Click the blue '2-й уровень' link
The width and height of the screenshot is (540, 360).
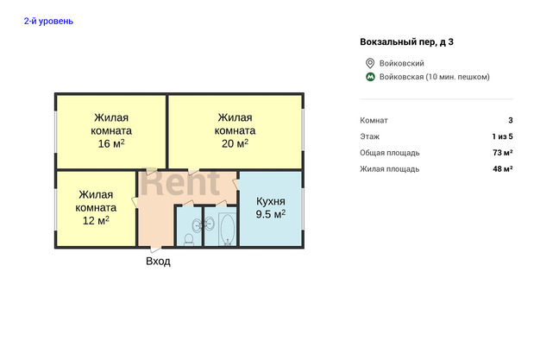click(x=48, y=22)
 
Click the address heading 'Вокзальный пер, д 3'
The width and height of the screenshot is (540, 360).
click(x=406, y=42)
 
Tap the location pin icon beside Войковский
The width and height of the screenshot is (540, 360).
click(x=370, y=63)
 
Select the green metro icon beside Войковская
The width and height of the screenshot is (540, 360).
click(x=370, y=77)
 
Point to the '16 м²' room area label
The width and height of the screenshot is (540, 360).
click(x=111, y=143)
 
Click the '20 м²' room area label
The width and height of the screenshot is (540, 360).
click(x=235, y=143)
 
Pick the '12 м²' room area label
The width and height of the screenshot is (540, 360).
click(x=96, y=220)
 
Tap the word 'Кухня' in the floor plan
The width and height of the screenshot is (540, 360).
click(x=270, y=201)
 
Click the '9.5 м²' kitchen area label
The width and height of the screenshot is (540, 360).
click(x=270, y=214)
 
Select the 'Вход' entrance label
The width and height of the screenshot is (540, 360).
click(x=158, y=261)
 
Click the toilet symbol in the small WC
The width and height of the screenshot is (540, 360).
click(x=189, y=239)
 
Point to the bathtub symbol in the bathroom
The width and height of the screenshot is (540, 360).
click(x=227, y=229)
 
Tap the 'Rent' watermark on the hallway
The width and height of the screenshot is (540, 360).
click(x=180, y=183)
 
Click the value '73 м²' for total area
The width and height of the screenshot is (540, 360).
click(x=502, y=153)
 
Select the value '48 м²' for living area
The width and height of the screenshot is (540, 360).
click(x=502, y=169)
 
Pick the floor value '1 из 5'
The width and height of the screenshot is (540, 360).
click(x=502, y=136)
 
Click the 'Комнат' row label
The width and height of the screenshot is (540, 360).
click(x=374, y=120)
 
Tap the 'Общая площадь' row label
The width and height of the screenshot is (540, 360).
click(x=390, y=153)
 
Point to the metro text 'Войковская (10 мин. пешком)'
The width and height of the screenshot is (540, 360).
click(x=434, y=77)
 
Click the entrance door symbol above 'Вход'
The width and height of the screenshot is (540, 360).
click(x=156, y=248)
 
